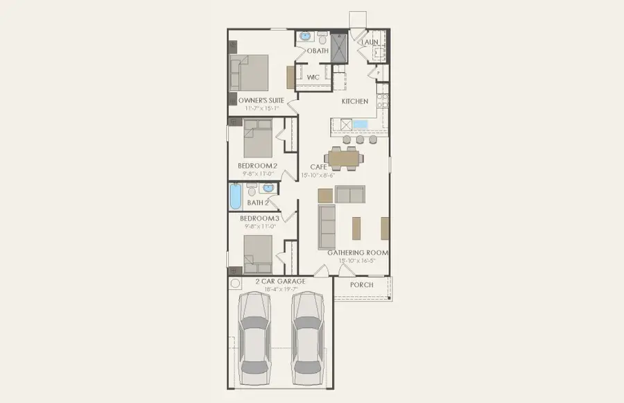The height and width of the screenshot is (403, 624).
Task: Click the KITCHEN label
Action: (355, 101)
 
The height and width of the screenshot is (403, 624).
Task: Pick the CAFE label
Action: (319, 166)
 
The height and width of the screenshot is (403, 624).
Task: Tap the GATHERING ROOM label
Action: (358, 252)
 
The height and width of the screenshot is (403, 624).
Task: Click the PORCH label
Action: (361, 284)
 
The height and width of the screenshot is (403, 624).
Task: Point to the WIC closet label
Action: (313, 78)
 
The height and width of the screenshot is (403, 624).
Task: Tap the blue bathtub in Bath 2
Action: (235, 196)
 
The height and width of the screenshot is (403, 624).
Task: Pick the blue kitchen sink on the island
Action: (360, 125)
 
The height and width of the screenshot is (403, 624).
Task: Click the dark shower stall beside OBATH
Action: (339, 48)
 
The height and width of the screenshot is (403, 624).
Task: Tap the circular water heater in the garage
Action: (236, 284)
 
